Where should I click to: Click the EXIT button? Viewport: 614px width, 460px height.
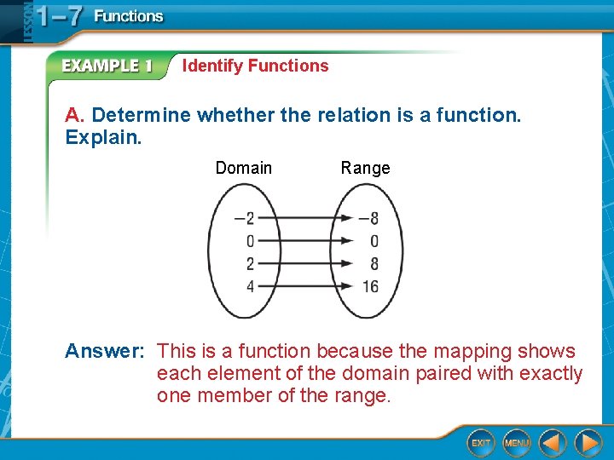tap(481, 442)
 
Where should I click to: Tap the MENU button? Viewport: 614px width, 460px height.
tap(517, 442)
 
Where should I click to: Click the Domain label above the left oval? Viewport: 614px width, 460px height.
tap(244, 168)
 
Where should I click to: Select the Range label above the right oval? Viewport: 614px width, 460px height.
tap(365, 168)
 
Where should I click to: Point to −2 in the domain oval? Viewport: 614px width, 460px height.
tap(245, 218)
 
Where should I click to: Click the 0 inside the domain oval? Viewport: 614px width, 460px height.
tap(250, 241)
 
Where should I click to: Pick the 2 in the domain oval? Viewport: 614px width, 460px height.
tap(250, 264)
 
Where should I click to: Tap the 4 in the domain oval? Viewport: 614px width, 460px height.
tap(250, 286)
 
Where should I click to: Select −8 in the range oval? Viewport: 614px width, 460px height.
tap(368, 218)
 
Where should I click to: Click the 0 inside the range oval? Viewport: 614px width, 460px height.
tap(374, 241)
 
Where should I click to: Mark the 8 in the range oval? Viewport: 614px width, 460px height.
tap(374, 264)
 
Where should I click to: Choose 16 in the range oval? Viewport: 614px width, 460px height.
tap(370, 286)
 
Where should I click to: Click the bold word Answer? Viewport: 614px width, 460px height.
tap(105, 351)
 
